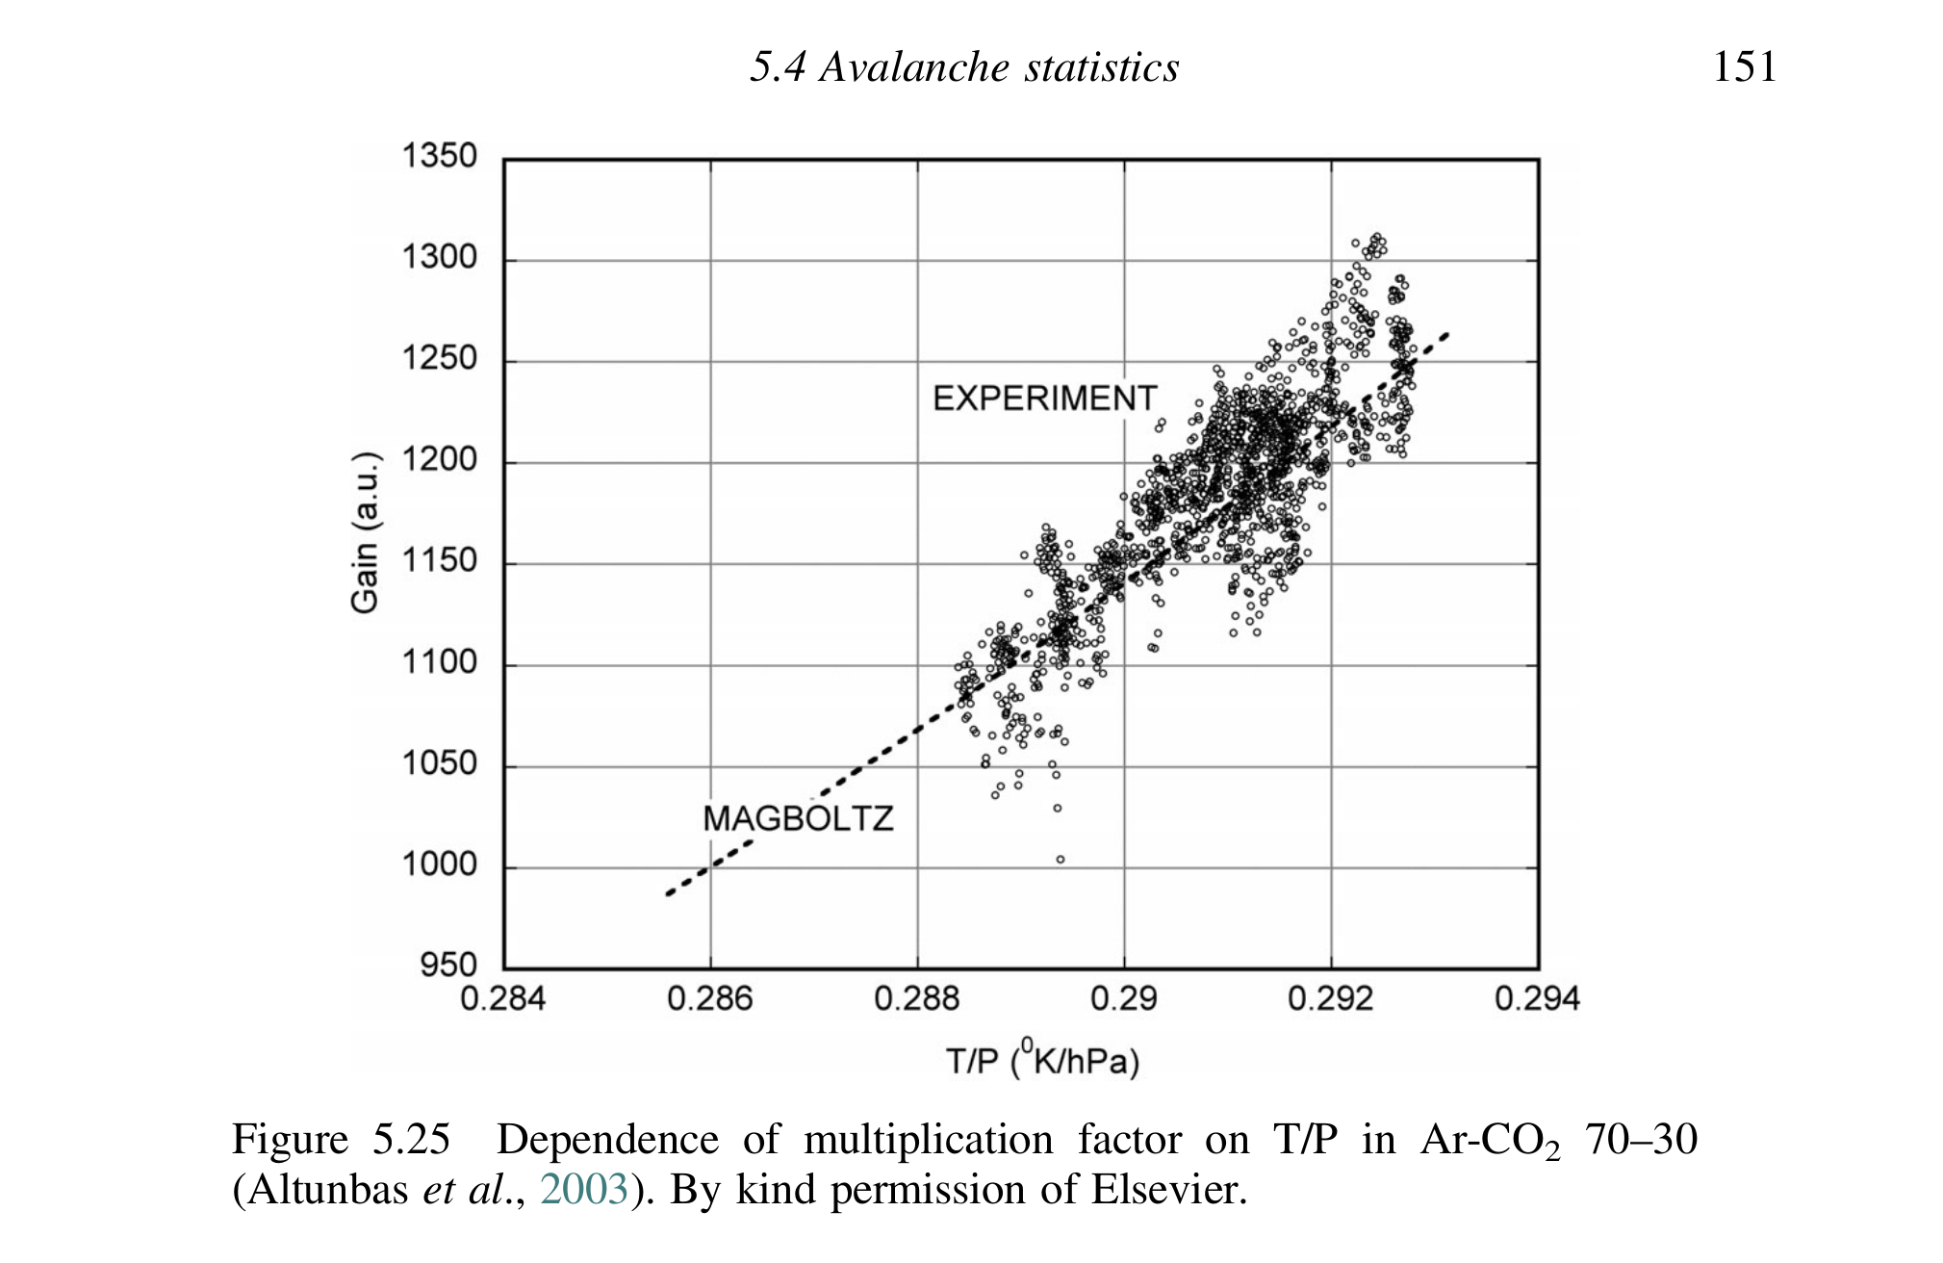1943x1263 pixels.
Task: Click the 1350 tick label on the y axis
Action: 439,156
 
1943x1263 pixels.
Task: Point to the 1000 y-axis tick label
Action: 439,864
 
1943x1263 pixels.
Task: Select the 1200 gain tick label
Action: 439,460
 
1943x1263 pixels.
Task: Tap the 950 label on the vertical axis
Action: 448,965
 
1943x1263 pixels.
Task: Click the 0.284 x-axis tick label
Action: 502,999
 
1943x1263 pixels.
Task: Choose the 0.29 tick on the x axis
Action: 1123,999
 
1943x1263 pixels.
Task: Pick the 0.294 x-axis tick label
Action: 1537,999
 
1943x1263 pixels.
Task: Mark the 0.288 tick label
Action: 916,999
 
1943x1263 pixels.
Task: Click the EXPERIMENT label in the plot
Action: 1044,399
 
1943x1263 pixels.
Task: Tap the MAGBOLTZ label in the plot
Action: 798,819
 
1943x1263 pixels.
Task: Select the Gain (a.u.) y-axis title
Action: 365,531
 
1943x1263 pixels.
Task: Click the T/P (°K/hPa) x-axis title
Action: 1042,1060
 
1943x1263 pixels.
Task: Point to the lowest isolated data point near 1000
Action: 1061,860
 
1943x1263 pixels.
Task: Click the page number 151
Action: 1744,67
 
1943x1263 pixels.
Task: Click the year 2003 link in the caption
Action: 584,1190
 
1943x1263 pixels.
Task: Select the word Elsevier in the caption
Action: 1168,1190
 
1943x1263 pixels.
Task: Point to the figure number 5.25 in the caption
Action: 411,1140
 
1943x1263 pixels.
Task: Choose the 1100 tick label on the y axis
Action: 439,662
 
